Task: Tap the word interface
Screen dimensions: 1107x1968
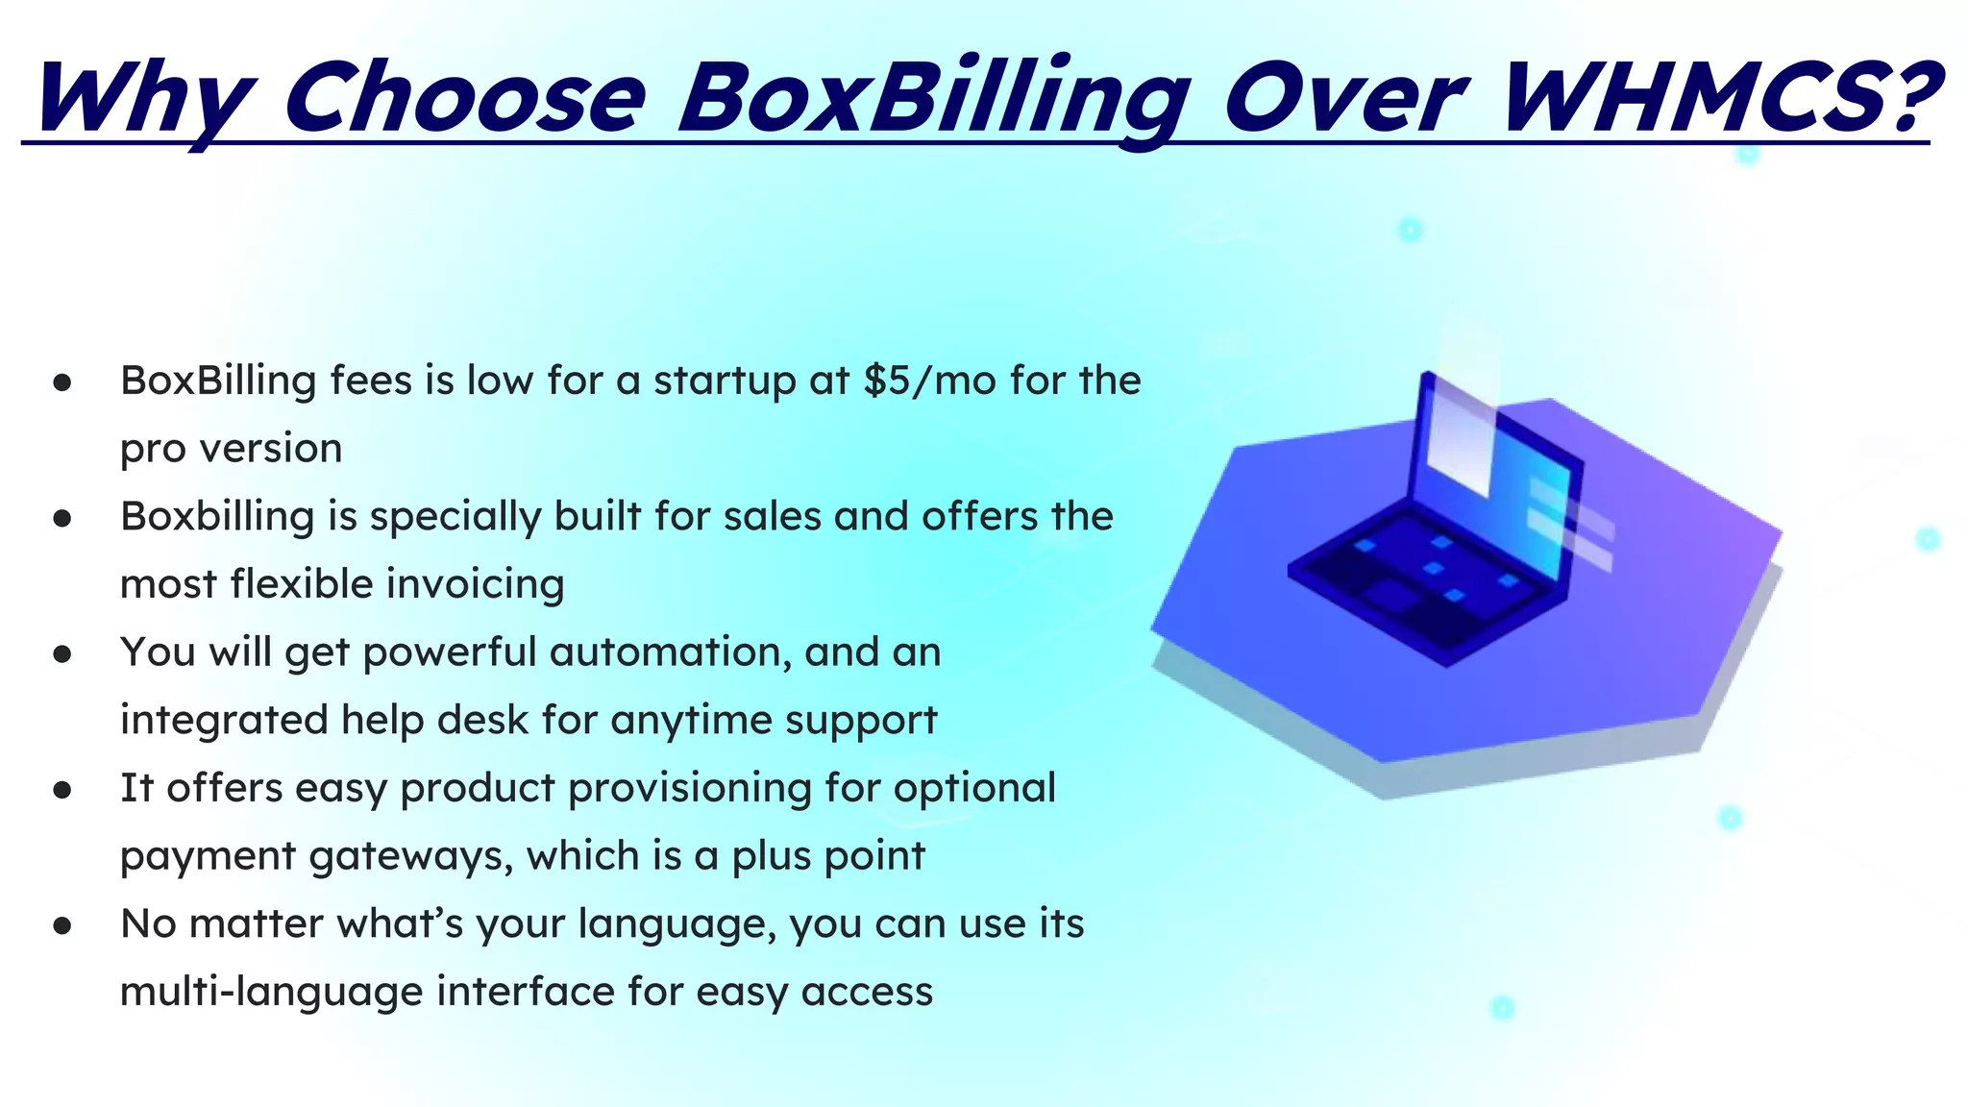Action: (x=525, y=992)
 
